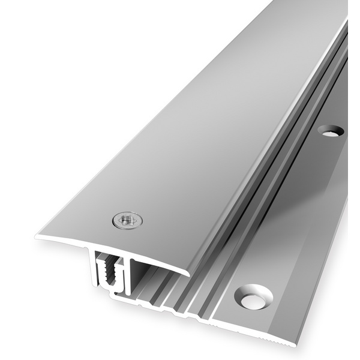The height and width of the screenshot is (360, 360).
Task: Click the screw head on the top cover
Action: point(128,221)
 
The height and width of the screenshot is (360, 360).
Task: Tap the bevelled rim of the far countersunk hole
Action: point(331,125)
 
